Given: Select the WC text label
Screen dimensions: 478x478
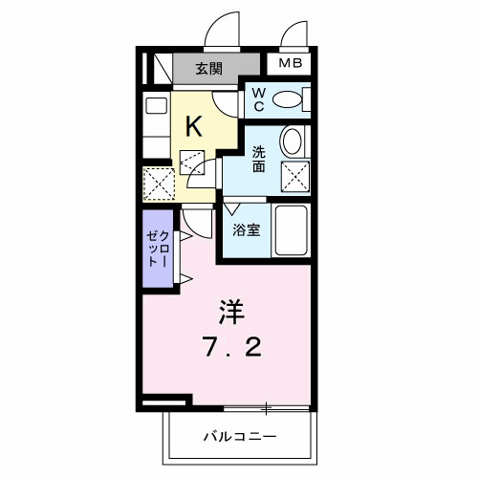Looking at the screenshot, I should (x=259, y=98).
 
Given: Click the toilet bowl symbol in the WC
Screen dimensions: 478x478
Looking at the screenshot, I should (x=288, y=99).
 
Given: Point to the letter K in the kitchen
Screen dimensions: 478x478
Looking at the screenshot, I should (x=193, y=125).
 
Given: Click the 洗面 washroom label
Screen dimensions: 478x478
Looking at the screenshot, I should (x=260, y=158).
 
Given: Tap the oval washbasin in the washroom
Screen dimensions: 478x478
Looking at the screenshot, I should (x=293, y=142).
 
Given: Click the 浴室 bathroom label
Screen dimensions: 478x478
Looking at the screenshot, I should (x=246, y=230).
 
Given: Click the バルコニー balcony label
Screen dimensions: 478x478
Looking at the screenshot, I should (x=240, y=436).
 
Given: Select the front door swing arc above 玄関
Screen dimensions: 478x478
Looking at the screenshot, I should (x=223, y=30).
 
